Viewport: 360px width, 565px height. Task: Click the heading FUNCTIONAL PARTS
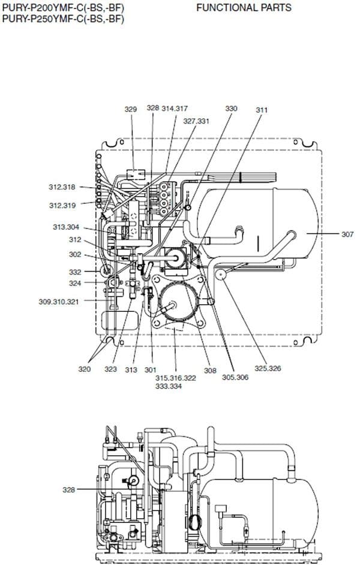tap(244, 8)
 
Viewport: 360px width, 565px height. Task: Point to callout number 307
tap(347, 235)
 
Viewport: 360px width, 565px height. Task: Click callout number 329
tap(131, 109)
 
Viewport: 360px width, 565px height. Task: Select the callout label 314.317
tap(175, 109)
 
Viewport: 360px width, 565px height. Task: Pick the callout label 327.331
tap(196, 121)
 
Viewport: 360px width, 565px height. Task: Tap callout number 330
tap(231, 109)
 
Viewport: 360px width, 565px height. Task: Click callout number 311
tap(262, 110)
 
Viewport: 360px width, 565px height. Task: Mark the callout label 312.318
tap(62, 187)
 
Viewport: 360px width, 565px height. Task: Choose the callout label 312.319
tap(62, 205)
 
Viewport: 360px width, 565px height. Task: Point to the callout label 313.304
tap(65, 227)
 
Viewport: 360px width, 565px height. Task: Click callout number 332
tap(74, 272)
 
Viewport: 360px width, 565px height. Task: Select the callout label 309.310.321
tap(58, 302)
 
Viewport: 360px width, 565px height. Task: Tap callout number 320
tap(85, 369)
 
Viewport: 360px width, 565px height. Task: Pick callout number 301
tap(150, 369)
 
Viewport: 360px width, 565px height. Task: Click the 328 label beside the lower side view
tap(69, 489)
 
